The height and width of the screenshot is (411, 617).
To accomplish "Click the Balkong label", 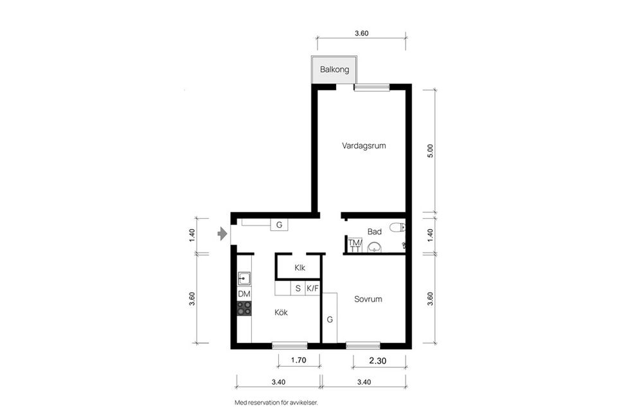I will pyautogui.click(x=334, y=69).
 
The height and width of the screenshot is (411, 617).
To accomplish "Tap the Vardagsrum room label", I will pyautogui.click(x=364, y=146).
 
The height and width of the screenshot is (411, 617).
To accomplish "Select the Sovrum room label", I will pyautogui.click(x=368, y=299).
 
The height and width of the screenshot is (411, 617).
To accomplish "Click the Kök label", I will pyautogui.click(x=281, y=313).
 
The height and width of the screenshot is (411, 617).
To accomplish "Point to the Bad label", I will pyautogui.click(x=375, y=231).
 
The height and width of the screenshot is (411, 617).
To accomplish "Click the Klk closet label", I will pyautogui.click(x=300, y=268).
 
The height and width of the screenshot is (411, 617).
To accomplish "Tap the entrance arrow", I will pyautogui.click(x=222, y=233).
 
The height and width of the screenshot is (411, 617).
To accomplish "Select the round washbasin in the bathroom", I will pyautogui.click(x=375, y=247).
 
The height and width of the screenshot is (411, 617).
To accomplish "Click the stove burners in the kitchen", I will pyautogui.click(x=244, y=308).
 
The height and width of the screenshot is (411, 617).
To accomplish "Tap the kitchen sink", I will pyautogui.click(x=244, y=279).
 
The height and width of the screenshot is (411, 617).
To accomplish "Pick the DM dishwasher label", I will pyautogui.click(x=244, y=294).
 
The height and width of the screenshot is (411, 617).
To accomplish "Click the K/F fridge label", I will pyautogui.click(x=312, y=289).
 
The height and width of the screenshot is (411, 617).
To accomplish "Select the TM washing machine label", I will pyautogui.click(x=355, y=243).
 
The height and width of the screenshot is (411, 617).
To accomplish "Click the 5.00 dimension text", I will pyautogui.click(x=431, y=151).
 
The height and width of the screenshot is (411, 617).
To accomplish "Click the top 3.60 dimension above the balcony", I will pyautogui.click(x=362, y=33).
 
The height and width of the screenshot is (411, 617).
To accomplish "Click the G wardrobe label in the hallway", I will pyautogui.click(x=279, y=225).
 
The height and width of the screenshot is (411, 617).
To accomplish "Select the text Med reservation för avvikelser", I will pyautogui.click(x=276, y=403).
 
